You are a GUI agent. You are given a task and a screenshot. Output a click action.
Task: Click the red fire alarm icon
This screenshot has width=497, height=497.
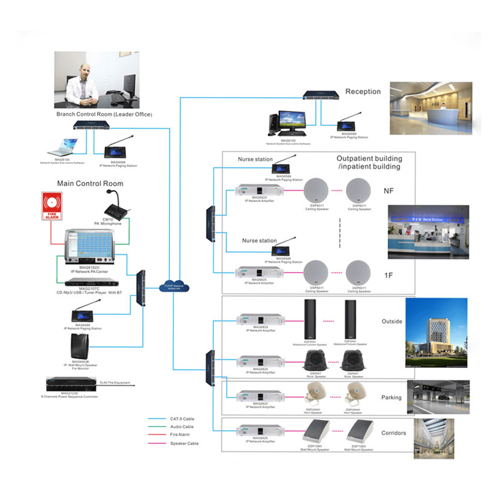tap(52, 206)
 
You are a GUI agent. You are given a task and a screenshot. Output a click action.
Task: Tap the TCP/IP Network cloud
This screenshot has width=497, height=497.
tap(174, 287)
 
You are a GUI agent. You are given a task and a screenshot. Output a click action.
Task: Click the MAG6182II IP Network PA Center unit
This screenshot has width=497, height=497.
tap(89, 246)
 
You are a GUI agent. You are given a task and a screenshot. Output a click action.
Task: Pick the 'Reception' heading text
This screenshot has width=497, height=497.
tap(363, 92)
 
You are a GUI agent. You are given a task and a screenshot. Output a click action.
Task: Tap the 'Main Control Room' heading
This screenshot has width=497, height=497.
tap(90, 183)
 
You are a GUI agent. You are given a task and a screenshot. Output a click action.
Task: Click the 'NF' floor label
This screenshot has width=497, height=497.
tap(388, 191)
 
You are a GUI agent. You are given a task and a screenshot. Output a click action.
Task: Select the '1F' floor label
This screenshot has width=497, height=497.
tap(388, 275)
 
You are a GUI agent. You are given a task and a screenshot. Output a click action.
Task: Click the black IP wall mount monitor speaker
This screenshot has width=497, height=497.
tap(80, 346)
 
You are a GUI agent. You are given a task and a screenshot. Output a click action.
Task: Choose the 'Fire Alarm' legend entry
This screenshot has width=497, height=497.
tap(180, 434)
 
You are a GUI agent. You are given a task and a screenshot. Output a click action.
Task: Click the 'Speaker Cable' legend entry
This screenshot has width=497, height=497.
tap(184, 443)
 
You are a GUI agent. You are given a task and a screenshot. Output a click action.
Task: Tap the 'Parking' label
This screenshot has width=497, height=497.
tap(391, 397)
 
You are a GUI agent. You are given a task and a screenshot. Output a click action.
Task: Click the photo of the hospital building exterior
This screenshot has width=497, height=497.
tap(436, 333)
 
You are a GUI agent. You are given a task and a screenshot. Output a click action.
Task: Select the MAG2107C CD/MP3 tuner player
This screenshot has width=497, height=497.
tap(91, 282)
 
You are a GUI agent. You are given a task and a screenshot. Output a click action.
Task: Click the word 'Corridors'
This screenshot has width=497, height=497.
tap(393, 433)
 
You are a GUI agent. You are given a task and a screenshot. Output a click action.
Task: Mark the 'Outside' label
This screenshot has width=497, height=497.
tap(392, 321)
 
